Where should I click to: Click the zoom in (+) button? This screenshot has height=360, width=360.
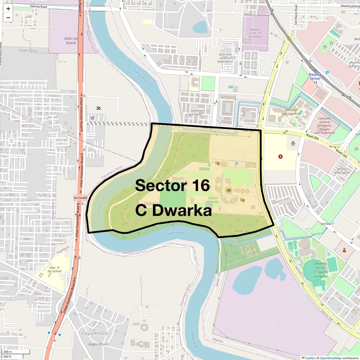(x=8, y=9)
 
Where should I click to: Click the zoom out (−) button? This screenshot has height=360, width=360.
(x=8, y=18)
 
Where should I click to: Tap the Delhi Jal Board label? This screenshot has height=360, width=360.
(x=71, y=41)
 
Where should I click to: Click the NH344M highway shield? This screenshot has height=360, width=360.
(x=80, y=198)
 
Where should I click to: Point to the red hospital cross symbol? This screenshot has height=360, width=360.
(x=280, y=157)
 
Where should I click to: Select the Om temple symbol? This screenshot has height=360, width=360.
(x=98, y=108)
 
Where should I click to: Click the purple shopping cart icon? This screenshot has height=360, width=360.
(x=92, y=118)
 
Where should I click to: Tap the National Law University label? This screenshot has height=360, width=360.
(x=291, y=112)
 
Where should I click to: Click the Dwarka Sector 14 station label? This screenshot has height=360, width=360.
(x=315, y=78)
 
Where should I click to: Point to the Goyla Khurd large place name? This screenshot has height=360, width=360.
(x=94, y=333)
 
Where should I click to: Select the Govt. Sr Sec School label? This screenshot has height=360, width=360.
(x=54, y=269)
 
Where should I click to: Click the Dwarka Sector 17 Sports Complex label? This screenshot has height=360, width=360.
(x=320, y=270)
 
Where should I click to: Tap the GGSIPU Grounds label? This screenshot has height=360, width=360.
(x=213, y=200)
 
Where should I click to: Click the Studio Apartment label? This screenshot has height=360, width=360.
(x=195, y=112)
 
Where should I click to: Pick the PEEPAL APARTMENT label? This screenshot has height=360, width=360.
(x=342, y=171)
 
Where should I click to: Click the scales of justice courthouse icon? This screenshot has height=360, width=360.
(x=293, y=143)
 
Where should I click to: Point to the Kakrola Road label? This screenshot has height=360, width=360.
(x=38, y=7)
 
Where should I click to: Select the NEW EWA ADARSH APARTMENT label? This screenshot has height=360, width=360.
(x=225, y=58)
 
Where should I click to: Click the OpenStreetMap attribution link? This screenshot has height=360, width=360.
(x=331, y=358)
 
